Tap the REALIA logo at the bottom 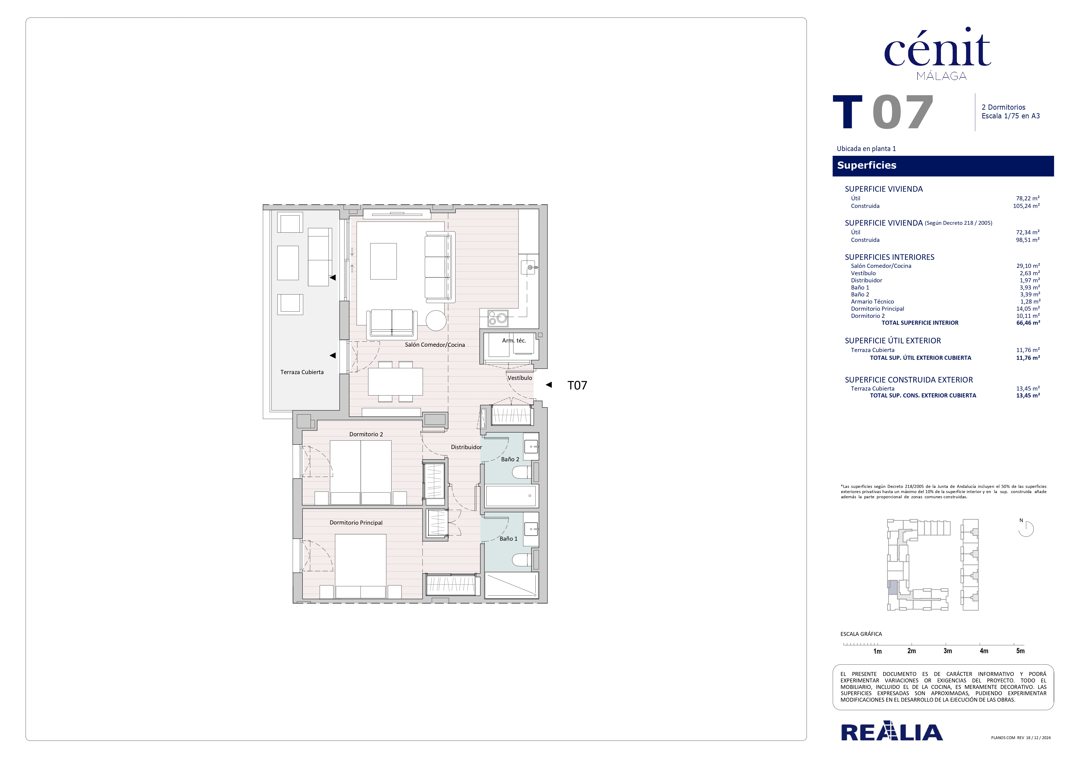(892, 732)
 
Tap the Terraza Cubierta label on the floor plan (302, 372)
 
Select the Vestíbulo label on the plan (520, 378)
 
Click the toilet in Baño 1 (522, 560)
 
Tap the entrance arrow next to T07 (549, 385)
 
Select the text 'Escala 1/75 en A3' (1010, 116)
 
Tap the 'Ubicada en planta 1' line (866, 149)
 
